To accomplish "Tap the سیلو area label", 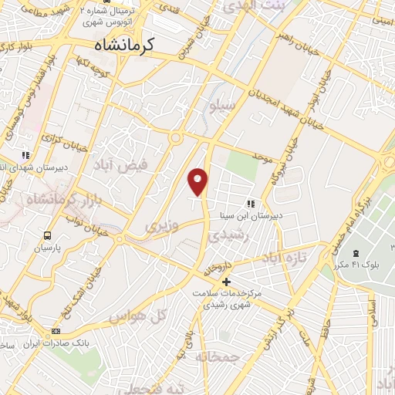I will tap(223, 105).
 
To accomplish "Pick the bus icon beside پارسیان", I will tap(49, 236).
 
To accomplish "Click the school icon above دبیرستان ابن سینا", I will tap(250, 204).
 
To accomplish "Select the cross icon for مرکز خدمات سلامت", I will tap(225, 282).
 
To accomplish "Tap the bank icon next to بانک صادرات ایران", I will tap(55, 332).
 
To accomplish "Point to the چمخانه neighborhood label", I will tap(216, 356).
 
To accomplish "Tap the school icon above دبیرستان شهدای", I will tap(26, 155).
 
